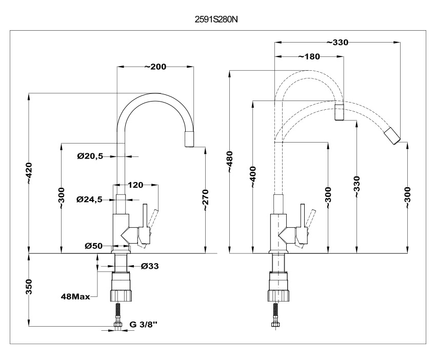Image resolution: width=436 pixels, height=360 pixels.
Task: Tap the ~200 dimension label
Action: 155,67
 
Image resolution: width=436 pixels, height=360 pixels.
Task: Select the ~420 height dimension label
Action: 29,173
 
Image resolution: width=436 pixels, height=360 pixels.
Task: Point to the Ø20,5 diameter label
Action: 90,156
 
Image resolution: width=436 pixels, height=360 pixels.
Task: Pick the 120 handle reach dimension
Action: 135,184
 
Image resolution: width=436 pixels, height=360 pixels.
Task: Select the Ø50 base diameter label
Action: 94,246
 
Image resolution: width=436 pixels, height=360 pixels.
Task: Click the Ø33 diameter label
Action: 149,266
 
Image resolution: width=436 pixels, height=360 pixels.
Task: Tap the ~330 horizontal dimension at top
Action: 337,43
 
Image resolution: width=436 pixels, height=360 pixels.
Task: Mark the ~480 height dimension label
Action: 229,163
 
